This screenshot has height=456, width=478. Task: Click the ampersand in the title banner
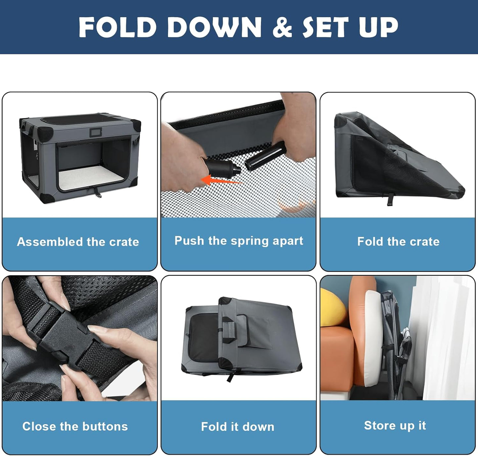[x=282, y=27]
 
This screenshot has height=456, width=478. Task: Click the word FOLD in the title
[x=117, y=27]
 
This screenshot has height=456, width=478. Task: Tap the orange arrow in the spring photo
[x=221, y=180]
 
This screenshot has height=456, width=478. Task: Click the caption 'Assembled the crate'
[x=78, y=242]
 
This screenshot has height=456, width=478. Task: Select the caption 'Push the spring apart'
[x=239, y=241]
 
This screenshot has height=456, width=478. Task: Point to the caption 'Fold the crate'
[x=398, y=242]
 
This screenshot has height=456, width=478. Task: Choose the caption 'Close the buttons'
[x=75, y=426]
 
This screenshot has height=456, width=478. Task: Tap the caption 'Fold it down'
[x=238, y=427]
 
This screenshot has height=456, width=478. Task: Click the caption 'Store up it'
[x=395, y=426]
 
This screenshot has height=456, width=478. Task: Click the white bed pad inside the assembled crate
[x=91, y=178]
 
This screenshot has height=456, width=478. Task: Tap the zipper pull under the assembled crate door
[x=98, y=192]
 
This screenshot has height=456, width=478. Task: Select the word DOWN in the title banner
[x=214, y=27]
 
